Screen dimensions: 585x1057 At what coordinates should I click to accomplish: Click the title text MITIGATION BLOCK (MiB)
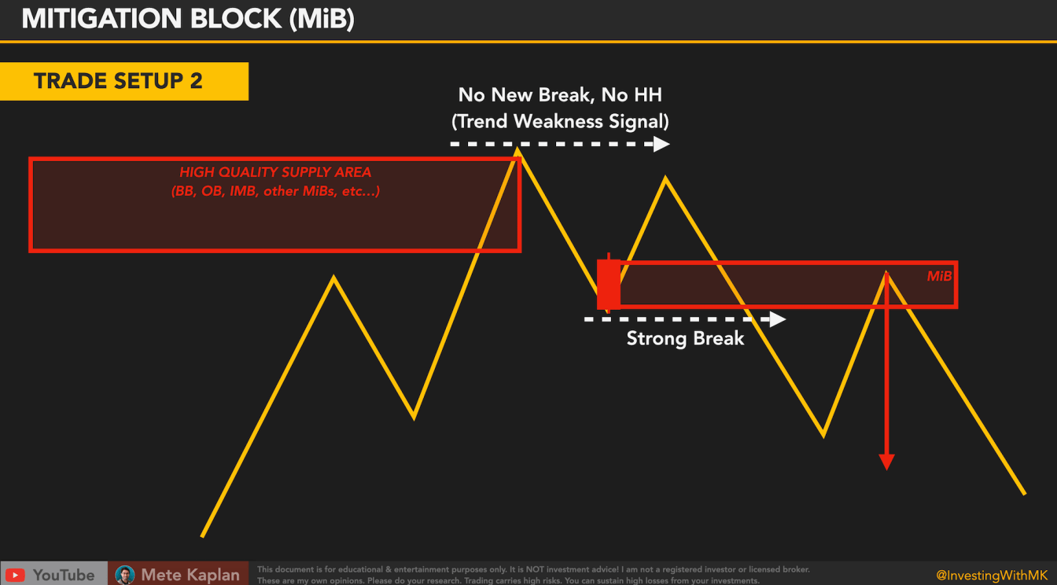click(x=187, y=19)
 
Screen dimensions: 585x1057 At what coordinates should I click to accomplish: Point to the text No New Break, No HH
click(x=560, y=96)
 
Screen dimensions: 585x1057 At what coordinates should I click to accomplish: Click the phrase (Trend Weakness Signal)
click(x=560, y=122)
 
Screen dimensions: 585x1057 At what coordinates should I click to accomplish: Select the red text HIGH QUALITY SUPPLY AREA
click(x=275, y=172)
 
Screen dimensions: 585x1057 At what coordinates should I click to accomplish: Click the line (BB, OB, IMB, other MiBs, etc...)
click(x=275, y=191)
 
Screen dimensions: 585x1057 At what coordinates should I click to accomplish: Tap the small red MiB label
click(x=939, y=277)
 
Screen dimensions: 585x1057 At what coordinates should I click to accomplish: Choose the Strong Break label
click(x=685, y=339)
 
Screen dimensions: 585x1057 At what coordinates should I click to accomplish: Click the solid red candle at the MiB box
click(x=608, y=284)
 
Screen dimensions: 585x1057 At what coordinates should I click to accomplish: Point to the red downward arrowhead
click(x=886, y=462)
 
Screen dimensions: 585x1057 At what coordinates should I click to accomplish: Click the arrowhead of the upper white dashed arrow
click(x=661, y=144)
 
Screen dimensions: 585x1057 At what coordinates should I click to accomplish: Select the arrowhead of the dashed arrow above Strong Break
click(x=778, y=319)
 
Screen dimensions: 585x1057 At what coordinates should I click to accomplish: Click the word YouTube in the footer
click(x=64, y=575)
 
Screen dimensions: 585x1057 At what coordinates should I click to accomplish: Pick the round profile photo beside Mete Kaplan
click(x=124, y=575)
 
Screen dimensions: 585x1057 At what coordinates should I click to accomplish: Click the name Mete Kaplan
click(x=190, y=575)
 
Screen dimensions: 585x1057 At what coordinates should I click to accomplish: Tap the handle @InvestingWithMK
click(x=992, y=575)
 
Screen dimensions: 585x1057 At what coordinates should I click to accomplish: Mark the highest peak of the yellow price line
click(x=517, y=149)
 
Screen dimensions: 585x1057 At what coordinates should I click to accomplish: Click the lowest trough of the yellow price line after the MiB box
click(x=823, y=435)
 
